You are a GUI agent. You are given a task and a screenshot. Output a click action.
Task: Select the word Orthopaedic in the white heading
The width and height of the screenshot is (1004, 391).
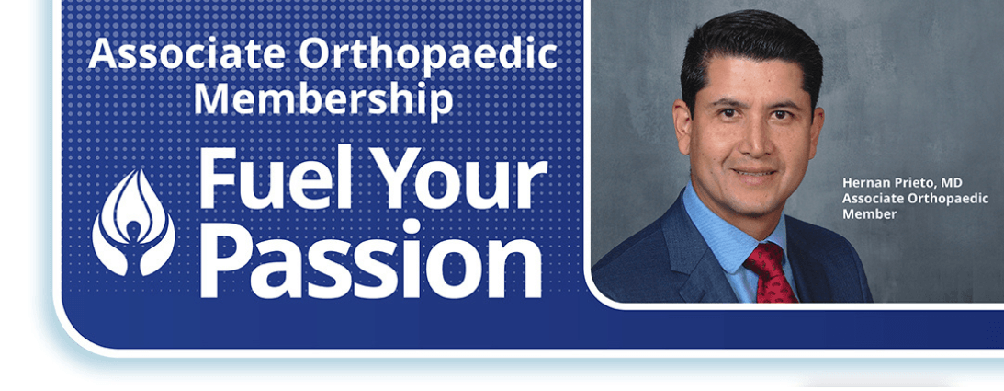[428, 54]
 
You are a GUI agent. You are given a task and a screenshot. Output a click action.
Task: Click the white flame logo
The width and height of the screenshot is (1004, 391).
[134, 223]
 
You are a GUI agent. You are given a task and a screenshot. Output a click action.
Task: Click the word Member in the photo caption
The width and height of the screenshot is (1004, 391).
[870, 214]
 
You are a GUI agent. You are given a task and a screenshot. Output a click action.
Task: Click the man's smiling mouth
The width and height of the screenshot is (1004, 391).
[755, 172]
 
